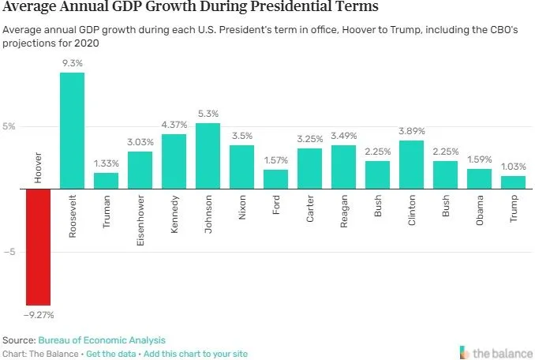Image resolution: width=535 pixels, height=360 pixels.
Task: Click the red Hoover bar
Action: coord(38,246)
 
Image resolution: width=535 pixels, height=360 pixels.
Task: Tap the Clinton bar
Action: coord(411,164)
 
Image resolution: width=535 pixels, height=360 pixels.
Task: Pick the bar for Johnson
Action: coord(208,156)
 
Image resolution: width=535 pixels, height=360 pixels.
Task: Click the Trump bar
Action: coord(513,182)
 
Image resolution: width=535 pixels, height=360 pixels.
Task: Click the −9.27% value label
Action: coord(38,313)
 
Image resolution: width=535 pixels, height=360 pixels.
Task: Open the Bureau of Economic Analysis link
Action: coord(101,339)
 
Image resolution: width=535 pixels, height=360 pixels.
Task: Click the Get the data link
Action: coord(111,354)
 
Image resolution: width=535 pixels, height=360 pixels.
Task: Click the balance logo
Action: coord(494,351)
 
